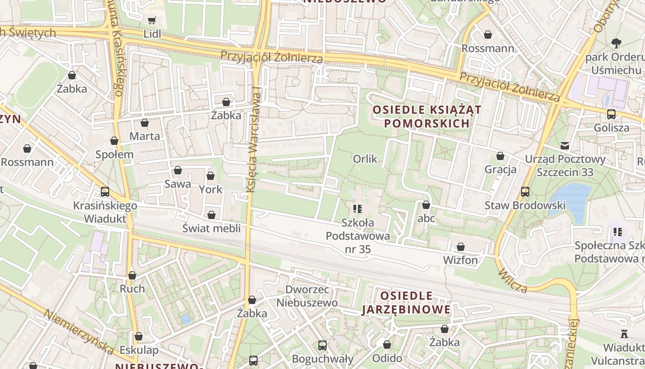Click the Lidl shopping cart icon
pos(152,20)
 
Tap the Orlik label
pos(365,159)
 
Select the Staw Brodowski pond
pos(573,198)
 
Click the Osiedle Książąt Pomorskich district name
pos(427,116)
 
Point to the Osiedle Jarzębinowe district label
pos(406,303)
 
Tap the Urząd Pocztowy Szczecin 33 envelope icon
pos(564,146)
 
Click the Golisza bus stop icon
pos(611,114)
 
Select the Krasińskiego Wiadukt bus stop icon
pos(105,192)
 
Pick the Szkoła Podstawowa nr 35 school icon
pos(358,209)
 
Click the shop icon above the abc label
pos(426,205)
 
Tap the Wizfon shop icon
pos(460,247)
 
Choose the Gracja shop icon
pos(500,156)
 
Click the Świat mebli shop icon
pos(211,215)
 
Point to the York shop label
pos(211,189)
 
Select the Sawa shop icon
pos(177,171)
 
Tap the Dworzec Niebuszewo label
pos(307,296)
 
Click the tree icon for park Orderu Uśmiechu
pos(616,44)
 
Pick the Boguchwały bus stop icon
pos(322,345)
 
